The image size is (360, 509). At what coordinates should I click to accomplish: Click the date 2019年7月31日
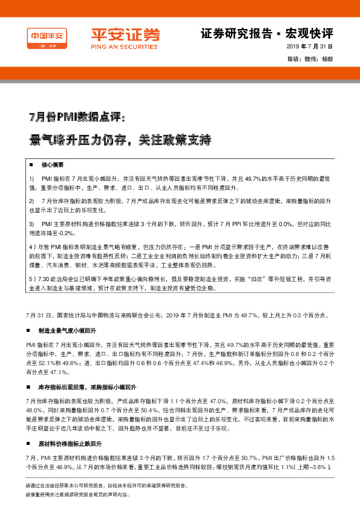point(309,46)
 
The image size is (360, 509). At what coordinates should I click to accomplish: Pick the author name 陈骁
point(294,59)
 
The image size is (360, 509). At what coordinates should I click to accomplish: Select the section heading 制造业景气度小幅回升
point(67,332)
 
